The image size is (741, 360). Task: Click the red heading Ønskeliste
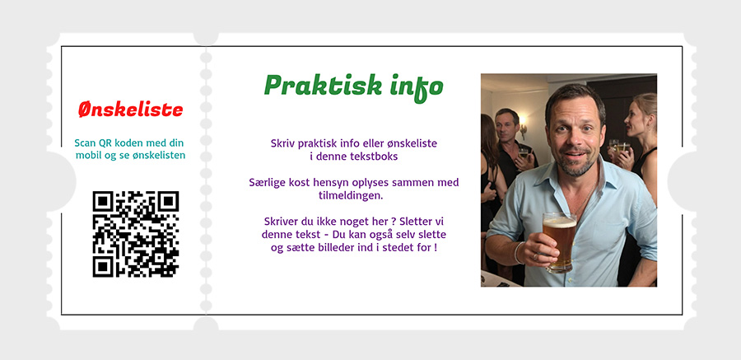coord(130,110)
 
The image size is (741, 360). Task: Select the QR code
coord(136,234)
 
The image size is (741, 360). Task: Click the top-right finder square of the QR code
coord(168,202)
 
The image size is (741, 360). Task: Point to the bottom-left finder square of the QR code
coord(103,266)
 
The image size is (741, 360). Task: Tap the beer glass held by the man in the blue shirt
coord(560,241)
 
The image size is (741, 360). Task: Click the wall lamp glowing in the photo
coord(523,129)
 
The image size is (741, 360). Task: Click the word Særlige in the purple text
coord(264,183)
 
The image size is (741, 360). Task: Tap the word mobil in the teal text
coord(88,155)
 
